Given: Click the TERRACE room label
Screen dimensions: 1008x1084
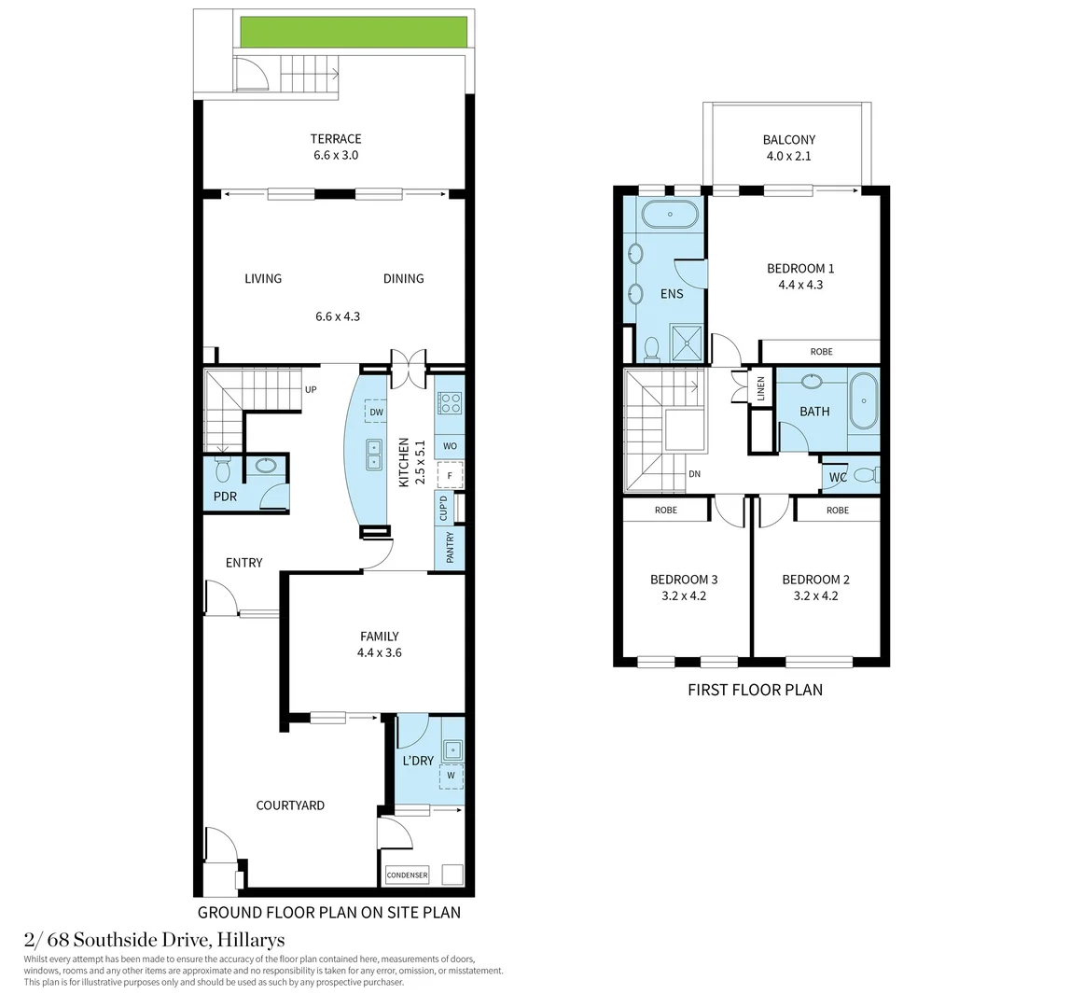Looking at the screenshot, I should pyautogui.click(x=336, y=139).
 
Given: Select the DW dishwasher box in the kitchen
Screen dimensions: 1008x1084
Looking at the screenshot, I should pyautogui.click(x=376, y=413).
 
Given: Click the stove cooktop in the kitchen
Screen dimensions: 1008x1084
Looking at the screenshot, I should pyautogui.click(x=450, y=403).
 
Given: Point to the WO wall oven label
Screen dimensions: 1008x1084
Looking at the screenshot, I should pyautogui.click(x=450, y=446).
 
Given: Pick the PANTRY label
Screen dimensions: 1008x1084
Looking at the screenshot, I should pyautogui.click(x=450, y=547).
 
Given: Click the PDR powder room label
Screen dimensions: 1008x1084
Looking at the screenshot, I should pyautogui.click(x=225, y=497).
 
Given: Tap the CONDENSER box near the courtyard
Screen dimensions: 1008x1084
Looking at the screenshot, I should pyautogui.click(x=407, y=875).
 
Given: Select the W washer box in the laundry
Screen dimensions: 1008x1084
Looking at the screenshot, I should pyautogui.click(x=451, y=775).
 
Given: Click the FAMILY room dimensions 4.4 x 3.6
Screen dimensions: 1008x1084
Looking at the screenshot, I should pyautogui.click(x=379, y=652).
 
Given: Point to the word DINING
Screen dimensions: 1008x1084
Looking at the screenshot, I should pyautogui.click(x=403, y=278).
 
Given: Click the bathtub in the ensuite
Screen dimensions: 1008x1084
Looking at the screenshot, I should pyautogui.click(x=670, y=216).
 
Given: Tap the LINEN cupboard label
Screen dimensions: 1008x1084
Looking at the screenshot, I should pyautogui.click(x=761, y=388).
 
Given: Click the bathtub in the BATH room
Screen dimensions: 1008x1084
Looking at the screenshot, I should pyautogui.click(x=863, y=401).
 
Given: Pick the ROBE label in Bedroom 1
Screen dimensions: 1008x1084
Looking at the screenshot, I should pyautogui.click(x=821, y=352).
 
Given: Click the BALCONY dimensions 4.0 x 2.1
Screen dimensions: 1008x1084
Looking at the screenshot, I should pyautogui.click(x=788, y=156).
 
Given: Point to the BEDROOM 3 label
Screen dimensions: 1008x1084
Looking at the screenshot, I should pyautogui.click(x=684, y=580).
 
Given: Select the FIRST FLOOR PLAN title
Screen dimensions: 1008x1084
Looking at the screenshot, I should pyautogui.click(x=755, y=690).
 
